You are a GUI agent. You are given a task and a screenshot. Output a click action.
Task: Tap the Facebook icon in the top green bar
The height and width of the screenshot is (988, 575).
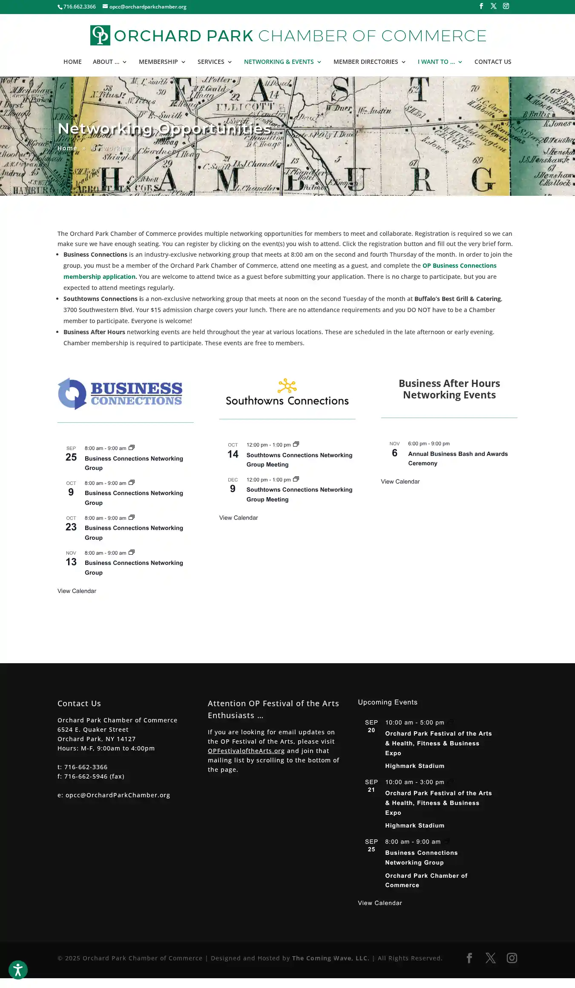coord(481,6)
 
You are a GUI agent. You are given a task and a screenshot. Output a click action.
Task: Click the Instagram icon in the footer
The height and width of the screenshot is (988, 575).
coord(512,958)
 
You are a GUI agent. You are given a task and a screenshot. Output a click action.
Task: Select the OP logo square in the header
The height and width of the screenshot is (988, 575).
coord(100,35)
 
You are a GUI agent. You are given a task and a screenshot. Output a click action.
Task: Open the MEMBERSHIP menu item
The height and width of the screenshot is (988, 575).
coord(158,62)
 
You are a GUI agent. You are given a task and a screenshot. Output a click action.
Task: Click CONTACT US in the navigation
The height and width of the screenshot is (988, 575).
coord(493,62)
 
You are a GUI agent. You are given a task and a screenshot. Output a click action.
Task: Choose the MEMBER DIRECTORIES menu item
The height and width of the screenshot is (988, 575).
coord(366,62)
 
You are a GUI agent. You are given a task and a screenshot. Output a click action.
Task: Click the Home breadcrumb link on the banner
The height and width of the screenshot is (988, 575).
coord(67,148)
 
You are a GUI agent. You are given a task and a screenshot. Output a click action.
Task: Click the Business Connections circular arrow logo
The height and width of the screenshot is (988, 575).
coord(72,394)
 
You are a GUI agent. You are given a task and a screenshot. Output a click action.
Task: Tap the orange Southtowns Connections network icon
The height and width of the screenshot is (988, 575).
coord(287,386)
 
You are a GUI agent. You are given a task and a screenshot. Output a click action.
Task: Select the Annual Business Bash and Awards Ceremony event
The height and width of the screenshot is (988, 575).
coord(458,458)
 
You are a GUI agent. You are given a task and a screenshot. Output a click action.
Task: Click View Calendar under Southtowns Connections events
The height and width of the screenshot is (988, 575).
coord(239,518)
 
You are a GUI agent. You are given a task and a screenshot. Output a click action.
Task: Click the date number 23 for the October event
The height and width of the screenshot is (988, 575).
coord(71,527)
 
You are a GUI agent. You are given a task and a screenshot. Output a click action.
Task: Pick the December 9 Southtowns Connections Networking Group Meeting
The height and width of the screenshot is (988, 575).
coord(299,494)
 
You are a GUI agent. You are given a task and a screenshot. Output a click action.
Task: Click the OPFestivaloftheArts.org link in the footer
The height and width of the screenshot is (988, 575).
coord(246,751)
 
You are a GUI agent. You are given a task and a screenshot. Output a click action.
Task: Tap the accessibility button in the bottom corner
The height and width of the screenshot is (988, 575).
coord(18,970)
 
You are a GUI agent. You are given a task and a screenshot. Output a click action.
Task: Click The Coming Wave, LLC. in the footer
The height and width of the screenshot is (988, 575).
coord(331,958)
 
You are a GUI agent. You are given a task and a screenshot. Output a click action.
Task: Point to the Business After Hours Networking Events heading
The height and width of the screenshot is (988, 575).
coord(449,389)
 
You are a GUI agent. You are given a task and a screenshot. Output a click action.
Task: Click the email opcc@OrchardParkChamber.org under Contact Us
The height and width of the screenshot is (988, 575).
coord(118,795)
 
